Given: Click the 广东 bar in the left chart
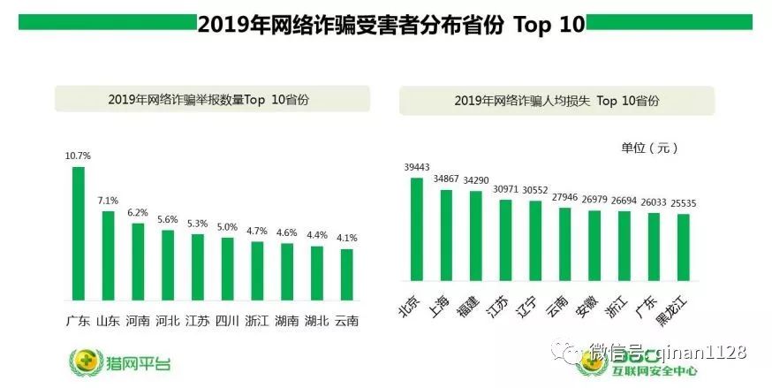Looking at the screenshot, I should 78,234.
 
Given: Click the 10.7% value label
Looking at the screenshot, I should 78,156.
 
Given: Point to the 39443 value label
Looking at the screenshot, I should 417,167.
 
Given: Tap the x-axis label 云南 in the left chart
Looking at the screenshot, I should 347,321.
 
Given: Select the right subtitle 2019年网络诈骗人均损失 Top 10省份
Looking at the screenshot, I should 556,101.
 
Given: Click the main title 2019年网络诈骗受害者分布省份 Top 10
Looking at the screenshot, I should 390,25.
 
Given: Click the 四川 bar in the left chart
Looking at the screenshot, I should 227,269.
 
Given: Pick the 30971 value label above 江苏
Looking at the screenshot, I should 505,189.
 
